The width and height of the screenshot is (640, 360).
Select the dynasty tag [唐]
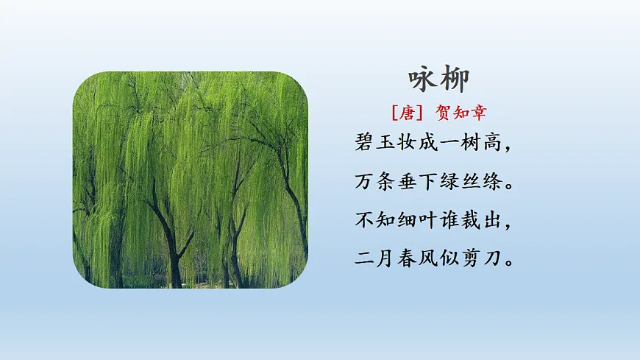[405, 113]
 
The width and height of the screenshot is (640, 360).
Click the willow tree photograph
[190, 180]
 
